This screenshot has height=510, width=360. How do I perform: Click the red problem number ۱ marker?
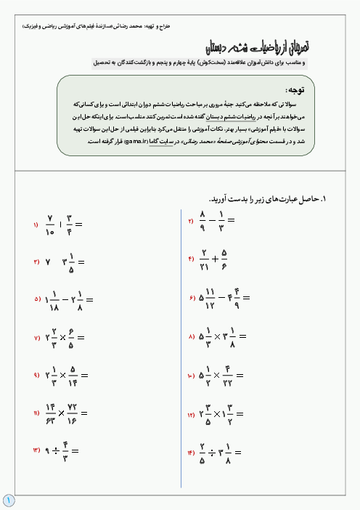coord(35,225)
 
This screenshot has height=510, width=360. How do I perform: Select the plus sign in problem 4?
coord(215,259)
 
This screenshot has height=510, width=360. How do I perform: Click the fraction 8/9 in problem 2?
coord(203,219)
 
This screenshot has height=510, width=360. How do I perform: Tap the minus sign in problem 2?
coord(213,219)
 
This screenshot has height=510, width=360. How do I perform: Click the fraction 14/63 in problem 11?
coord(50,414)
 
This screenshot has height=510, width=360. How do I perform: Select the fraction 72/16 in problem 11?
coord(73,414)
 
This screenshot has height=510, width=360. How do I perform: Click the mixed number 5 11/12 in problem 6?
coord(208,297)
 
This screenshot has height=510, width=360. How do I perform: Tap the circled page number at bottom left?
coord(8,500)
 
